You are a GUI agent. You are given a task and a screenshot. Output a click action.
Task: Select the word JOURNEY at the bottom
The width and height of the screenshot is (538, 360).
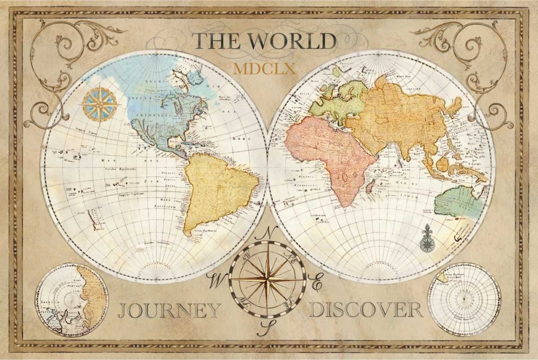click(169, 310)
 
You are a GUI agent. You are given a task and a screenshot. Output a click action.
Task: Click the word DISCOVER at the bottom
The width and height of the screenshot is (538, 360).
click(366, 310)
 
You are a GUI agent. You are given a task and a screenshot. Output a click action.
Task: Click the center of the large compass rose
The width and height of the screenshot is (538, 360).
click(267, 279)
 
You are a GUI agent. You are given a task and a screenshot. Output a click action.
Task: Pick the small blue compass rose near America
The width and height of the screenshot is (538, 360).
click(101, 104)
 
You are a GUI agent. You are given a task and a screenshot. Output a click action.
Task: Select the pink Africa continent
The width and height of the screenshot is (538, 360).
click(328, 156)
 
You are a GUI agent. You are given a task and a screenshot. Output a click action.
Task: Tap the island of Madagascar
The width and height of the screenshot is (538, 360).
click(370, 187)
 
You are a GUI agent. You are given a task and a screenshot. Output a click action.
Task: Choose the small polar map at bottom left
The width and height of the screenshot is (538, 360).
click(72, 300)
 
